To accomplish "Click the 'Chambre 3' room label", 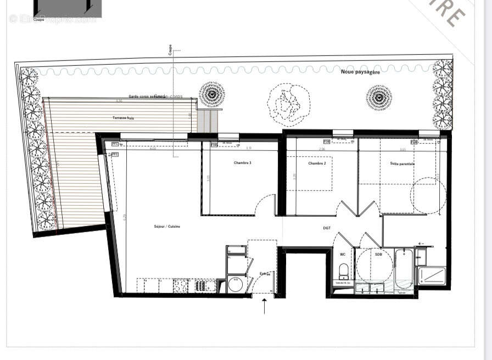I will coord(242,163).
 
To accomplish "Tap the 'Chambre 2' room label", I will coord(317,164).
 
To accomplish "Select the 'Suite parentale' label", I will coord(402,164).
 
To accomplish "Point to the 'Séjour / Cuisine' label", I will coord(167,226).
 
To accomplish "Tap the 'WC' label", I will coord(343,254).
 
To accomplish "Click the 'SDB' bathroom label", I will coord(378,254).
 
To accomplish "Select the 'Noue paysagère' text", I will coord(360,72).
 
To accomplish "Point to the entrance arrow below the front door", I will coord(264,306).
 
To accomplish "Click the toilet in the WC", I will coord(344,271).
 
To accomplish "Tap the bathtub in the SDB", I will coord(403,268).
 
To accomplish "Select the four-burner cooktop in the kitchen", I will coord(181,286).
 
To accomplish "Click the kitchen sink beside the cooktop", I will coord(204,286).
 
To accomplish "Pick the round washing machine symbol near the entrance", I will coord(236,284).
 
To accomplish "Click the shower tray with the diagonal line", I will coord(432,275).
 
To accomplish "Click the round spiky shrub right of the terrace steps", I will coord(211,95).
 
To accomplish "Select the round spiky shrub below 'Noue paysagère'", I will coord(379,98).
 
